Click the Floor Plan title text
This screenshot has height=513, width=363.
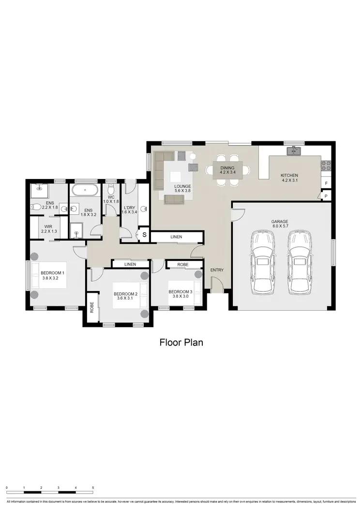coord(181,342)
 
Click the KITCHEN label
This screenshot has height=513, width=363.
coord(289,178)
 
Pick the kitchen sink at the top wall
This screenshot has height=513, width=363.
coord(293,151)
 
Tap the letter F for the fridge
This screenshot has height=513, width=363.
coord(326,183)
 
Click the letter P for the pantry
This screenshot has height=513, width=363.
coord(326,196)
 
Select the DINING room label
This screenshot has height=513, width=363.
coord(227,170)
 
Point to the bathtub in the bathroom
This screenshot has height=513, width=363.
coord(86,190)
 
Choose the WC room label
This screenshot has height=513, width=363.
coord(111,199)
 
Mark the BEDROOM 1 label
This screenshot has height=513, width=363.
coord(52,275)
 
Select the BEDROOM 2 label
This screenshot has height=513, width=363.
coord(125,296)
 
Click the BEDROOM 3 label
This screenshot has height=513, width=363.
coord(181,294)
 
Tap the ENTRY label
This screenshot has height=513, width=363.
coord(216,270)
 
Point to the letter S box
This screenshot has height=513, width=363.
coord(144,235)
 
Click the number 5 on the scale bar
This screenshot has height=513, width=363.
coord(93,488)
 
